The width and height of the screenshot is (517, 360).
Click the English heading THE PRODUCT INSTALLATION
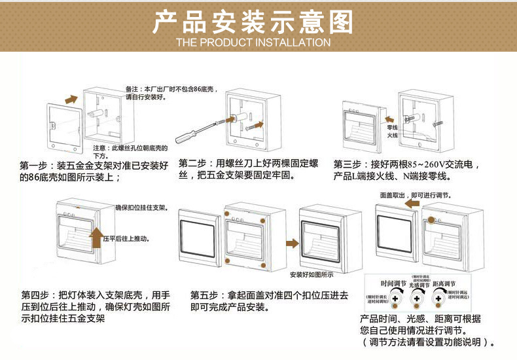253,43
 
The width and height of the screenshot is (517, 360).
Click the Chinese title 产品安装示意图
253,22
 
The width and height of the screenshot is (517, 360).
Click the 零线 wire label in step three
392,127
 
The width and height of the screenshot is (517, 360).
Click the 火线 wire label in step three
392,135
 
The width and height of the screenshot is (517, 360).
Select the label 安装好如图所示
311,274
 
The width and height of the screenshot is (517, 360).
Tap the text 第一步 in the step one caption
33,164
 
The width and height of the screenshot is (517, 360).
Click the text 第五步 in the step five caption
204,295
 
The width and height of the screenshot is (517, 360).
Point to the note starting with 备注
171,92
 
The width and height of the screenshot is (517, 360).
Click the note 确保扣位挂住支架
141,207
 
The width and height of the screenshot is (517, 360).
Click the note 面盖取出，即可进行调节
414,195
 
